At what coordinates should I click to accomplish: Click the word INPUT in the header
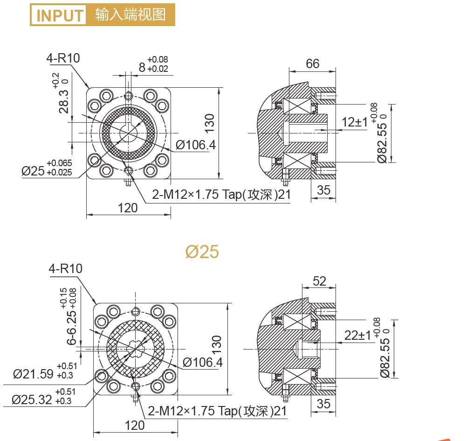pos(60,15)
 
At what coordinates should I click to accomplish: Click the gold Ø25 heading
pos(202,252)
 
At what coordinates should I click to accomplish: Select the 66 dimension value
pos(313,63)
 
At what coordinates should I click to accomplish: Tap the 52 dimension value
pos(320,281)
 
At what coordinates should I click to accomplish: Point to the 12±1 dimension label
pos(355,122)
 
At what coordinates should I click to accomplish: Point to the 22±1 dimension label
pos(357,336)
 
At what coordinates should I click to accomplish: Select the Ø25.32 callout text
pos(32,399)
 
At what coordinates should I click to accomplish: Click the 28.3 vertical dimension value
pos(63,102)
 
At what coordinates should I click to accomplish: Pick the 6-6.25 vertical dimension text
pos(72,328)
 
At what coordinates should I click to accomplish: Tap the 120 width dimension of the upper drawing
pos(128,208)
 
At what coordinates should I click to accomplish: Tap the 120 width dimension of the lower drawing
pos(135,426)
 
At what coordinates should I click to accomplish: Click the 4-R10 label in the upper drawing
pos(63,58)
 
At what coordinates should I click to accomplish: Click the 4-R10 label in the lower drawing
pos(65,268)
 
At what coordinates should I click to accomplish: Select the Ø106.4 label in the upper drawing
pos(196,145)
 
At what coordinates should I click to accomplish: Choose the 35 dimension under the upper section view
pos(324,190)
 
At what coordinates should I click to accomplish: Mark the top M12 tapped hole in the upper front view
pos(129,96)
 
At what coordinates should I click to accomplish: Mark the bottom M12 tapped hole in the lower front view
pos(136,387)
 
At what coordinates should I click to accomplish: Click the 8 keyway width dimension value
pos(142,68)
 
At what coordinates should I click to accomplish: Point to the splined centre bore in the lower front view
pos(136,349)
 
